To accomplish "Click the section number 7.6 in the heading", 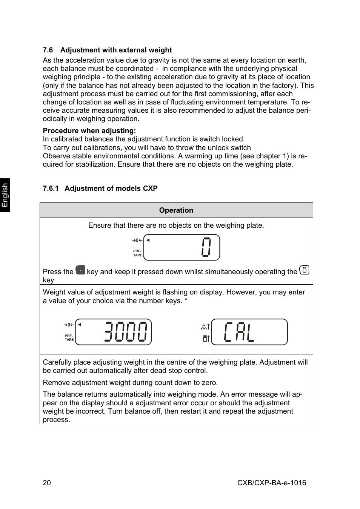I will tap(48, 50).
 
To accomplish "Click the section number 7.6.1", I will tap(51, 189).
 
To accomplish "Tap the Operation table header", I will tap(176, 210).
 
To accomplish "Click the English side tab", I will tap(5, 195).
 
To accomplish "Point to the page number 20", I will tap(47, 483).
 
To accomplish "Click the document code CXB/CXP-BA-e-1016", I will tap(272, 483).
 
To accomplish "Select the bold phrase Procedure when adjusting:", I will tap(89, 131).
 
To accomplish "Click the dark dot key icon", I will tap(80, 270).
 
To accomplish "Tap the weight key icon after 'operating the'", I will tap(304, 270).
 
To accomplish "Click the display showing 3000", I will tap(114, 332).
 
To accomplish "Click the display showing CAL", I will tap(249, 332).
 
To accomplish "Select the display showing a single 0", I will tap(182, 247).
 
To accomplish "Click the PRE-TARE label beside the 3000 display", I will tap(69, 338).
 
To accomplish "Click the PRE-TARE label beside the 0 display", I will tap(137, 253).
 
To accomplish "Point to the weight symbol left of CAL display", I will tap(205, 339).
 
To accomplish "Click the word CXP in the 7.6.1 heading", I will tap(150, 189).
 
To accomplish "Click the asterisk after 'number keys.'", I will tap(186, 300).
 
